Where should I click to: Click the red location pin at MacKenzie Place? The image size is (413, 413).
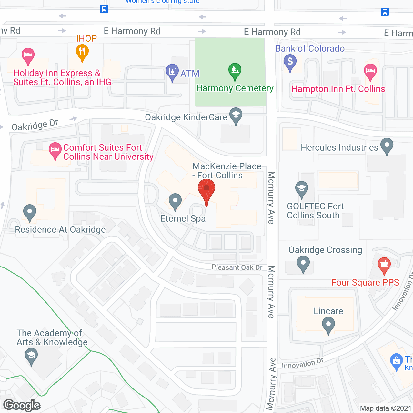206,189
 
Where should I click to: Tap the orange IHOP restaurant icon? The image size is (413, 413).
82,52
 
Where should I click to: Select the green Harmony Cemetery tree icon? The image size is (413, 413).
235,70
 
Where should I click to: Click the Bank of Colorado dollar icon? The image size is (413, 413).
290,61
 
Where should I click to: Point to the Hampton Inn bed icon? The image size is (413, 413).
370,71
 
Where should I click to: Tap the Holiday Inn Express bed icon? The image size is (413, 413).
28,55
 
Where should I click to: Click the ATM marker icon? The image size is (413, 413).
172,71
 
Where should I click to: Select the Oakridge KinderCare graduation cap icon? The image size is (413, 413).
236,115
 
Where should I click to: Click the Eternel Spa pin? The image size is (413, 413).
175,201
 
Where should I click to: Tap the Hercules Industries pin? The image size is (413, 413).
387,146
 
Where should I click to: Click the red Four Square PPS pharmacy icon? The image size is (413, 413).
384,265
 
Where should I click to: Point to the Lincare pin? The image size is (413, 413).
328,325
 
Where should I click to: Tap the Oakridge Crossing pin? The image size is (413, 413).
303,263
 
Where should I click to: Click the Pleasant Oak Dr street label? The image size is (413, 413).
237,267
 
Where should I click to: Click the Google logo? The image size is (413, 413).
22,405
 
